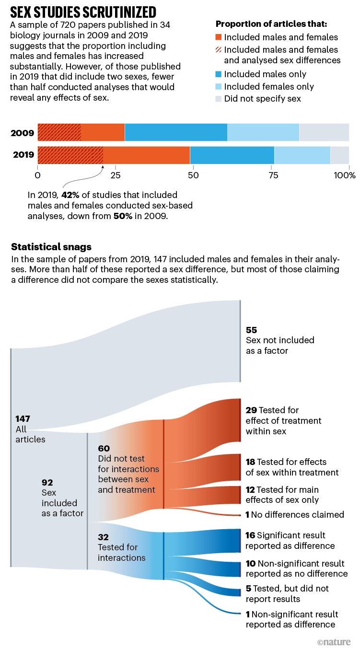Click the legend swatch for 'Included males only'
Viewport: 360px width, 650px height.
(219, 74)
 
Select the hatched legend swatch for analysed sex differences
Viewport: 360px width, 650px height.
(219, 50)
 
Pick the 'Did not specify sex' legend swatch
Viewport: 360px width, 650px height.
(219, 99)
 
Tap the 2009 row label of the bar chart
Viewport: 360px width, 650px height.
(22, 132)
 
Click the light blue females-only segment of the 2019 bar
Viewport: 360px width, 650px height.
(302, 155)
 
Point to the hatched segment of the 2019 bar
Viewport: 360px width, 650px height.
(70, 155)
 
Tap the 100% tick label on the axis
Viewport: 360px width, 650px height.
(345, 175)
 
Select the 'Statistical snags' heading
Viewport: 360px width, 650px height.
(51, 247)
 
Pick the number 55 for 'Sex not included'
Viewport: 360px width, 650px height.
(252, 330)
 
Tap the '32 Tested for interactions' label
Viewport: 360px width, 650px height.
(117, 547)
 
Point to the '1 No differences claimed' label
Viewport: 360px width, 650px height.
(295, 514)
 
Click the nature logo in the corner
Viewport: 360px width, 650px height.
(334, 641)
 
